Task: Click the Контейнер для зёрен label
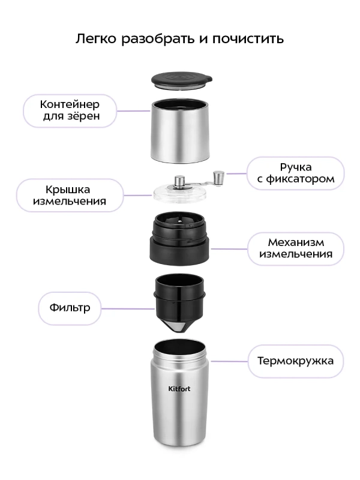pyautogui.click(x=70, y=110)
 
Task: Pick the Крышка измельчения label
pyautogui.click(x=70, y=195)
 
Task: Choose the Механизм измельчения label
pyautogui.click(x=296, y=248)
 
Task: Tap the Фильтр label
pyautogui.click(x=70, y=308)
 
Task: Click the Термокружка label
pyautogui.click(x=296, y=361)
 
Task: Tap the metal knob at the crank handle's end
pyautogui.click(x=218, y=176)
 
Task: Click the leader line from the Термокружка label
pyautogui.click(x=229, y=361)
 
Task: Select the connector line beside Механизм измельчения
pyautogui.click(x=229, y=248)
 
